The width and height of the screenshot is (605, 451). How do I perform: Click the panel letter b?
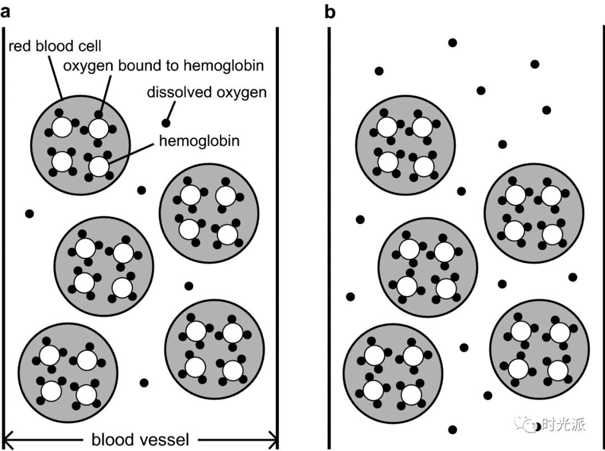[330, 12]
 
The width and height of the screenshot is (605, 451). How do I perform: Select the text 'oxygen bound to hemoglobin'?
[163, 65]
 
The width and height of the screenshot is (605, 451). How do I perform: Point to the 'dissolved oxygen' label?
[207, 92]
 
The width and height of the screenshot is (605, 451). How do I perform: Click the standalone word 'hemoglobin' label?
[199, 140]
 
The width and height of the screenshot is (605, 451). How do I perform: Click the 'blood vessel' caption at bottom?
[141, 439]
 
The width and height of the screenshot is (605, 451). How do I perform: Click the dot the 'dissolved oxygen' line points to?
[166, 123]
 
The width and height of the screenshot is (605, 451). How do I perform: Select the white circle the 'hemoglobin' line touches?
[99, 166]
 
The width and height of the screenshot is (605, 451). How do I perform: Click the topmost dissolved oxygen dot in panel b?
[452, 43]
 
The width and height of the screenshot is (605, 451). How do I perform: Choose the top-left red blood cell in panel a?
[81, 147]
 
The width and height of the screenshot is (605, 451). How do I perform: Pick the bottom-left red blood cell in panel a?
[68, 372]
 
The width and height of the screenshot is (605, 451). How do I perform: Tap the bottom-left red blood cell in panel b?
[393, 372]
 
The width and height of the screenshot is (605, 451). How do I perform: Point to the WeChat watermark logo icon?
[528, 424]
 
